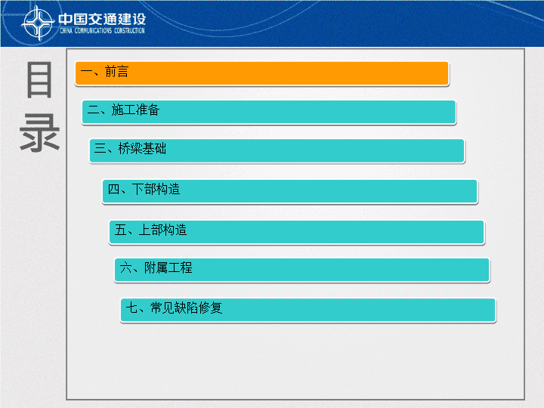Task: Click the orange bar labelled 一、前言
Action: pyautogui.click(x=262, y=73)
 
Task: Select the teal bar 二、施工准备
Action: pyautogui.click(x=269, y=112)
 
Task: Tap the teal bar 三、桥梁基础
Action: pyautogui.click(x=277, y=150)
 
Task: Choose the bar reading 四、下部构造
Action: pyautogui.click(x=290, y=191)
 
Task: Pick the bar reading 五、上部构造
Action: pyautogui.click(x=297, y=232)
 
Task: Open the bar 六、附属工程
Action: pyautogui.click(x=301, y=270)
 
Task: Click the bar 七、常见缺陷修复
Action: pyautogui.click(x=308, y=310)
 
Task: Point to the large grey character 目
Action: pyautogui.click(x=39, y=80)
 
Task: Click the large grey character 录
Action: pyautogui.click(x=39, y=134)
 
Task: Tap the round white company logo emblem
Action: pyautogui.click(x=39, y=23)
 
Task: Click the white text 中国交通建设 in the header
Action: pyautogui.click(x=102, y=19)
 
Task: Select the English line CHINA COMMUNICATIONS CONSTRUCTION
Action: pyautogui.click(x=102, y=31)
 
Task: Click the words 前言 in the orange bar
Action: pyautogui.click(x=116, y=72)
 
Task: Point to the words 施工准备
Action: pyautogui.click(x=135, y=110)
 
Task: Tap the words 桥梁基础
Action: pyautogui.click(x=142, y=149)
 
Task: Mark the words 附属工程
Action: pyautogui.click(x=168, y=267)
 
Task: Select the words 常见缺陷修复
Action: pyautogui.click(x=187, y=308)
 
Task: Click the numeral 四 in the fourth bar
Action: pyautogui.click(x=113, y=190)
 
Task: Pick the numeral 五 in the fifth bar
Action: pyautogui.click(x=120, y=230)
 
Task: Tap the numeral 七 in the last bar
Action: pyautogui.click(x=131, y=308)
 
